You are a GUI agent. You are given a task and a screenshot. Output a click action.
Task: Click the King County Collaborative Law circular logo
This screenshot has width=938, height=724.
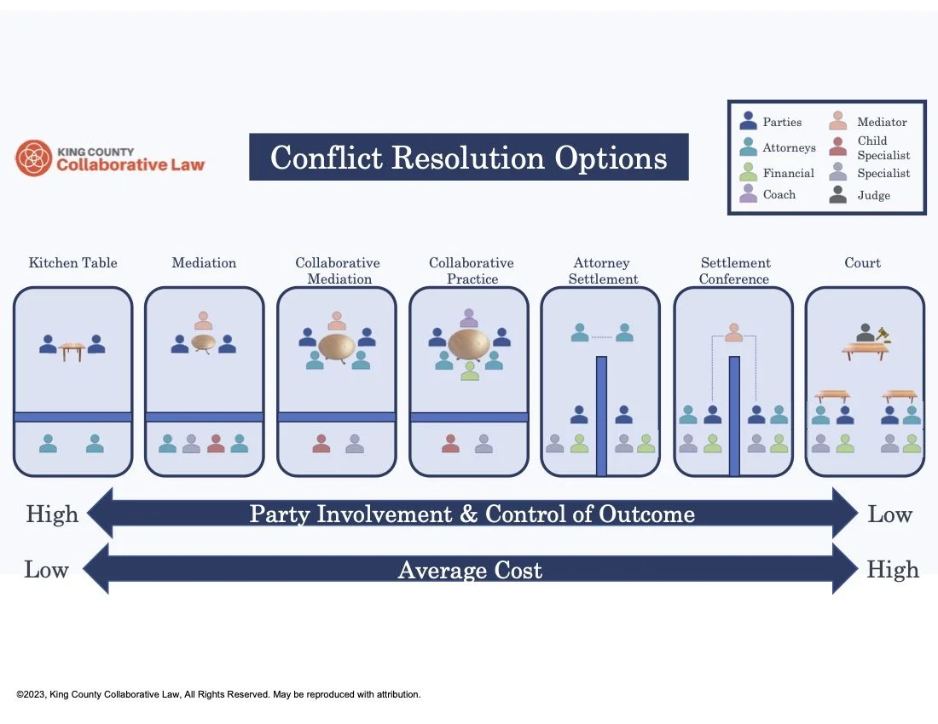point(34,158)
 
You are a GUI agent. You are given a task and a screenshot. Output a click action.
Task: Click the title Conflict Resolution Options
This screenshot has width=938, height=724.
point(468,158)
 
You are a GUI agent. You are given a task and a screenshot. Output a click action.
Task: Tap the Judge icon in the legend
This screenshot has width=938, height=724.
point(838,195)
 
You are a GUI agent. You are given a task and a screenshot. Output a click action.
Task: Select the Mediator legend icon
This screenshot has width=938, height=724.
point(838,122)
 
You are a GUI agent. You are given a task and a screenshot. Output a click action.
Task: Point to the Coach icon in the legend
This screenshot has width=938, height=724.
point(749,194)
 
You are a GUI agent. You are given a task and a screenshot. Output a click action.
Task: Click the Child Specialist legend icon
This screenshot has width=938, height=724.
point(838,147)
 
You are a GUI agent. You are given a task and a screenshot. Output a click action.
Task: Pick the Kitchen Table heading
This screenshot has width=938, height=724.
point(73,262)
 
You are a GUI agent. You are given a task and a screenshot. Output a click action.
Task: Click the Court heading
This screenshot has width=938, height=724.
point(862,262)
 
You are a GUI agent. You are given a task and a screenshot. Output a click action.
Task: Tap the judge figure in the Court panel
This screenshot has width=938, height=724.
point(865,333)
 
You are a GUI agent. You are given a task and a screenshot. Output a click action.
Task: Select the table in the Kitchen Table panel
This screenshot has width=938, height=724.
point(72,349)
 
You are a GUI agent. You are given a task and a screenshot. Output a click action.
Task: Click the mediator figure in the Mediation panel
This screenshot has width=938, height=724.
point(203,320)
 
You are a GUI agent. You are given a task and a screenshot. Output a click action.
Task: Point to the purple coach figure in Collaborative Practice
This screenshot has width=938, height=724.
point(469,318)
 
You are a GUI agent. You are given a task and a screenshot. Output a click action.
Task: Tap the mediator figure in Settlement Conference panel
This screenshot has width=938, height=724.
point(733,332)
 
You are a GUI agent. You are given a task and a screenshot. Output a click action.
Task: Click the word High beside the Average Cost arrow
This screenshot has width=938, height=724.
point(893,570)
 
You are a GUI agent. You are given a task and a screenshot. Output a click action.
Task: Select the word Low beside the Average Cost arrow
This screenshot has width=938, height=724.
point(46,570)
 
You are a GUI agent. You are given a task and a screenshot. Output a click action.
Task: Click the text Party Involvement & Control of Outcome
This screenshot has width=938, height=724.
point(472,514)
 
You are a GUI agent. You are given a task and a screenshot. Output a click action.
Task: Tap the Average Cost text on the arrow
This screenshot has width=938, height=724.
point(470,570)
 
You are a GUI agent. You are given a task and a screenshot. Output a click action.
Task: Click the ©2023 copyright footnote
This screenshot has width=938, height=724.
point(218,694)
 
